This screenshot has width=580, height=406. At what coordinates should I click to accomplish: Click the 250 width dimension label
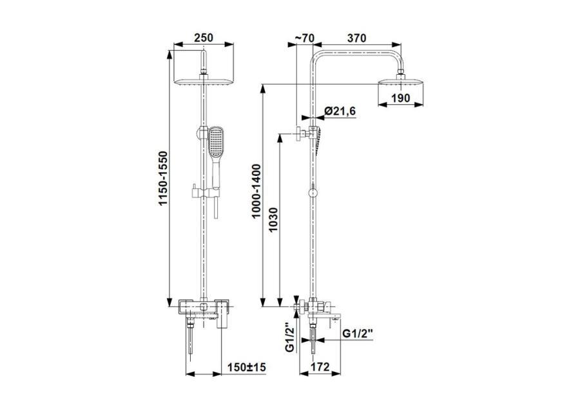[x=204, y=38]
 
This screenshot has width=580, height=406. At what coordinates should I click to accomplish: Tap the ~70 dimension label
[x=304, y=38]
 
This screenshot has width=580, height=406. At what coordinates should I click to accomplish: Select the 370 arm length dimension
[x=356, y=38]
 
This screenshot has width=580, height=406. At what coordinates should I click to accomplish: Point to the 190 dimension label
[x=401, y=98]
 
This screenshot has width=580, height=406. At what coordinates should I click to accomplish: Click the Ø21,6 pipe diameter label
[x=340, y=111]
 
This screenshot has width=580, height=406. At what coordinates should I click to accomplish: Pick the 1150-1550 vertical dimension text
[x=163, y=179]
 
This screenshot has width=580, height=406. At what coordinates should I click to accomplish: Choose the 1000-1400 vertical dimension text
[x=256, y=191]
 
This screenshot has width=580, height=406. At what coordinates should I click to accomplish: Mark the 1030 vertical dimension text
[x=273, y=220]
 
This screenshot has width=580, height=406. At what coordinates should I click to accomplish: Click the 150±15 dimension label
[x=246, y=367]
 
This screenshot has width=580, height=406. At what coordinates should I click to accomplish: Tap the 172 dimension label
[x=320, y=367]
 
